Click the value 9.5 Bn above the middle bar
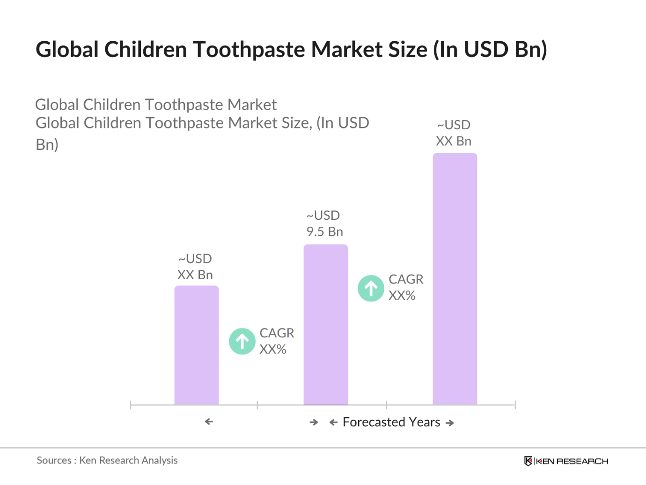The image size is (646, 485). click(325, 231)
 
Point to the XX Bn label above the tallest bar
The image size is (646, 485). click(454, 141)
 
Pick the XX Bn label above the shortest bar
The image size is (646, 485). click(195, 275)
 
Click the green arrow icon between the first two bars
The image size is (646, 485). click(242, 341)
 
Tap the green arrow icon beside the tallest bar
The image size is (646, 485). click(371, 288)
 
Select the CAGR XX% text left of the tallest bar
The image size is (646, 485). click(405, 287)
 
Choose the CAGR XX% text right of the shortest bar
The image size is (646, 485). click(277, 341)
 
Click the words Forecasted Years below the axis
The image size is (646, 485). click(391, 422)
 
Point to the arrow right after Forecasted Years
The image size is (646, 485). click(450, 423)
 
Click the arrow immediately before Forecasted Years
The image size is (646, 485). click(333, 423)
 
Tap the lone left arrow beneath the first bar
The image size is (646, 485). click(209, 422)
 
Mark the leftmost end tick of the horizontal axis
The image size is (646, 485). click(131, 405)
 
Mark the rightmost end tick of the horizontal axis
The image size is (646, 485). click(515, 405)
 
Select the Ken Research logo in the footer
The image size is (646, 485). click(566, 461)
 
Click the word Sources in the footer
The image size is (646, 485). click(54, 460)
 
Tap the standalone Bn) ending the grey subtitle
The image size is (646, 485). click(47, 144)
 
